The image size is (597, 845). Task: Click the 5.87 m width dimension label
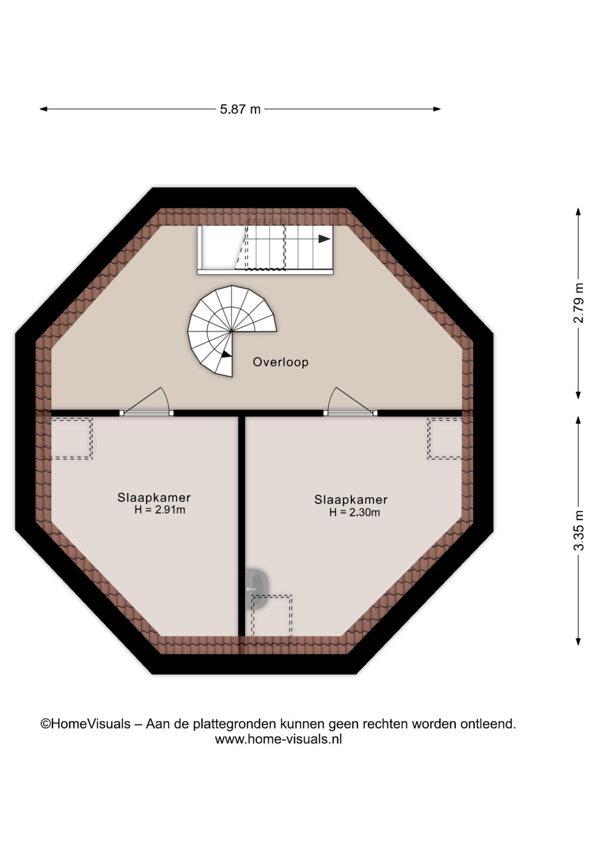pos(240,109)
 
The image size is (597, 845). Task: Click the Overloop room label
pos(280,362)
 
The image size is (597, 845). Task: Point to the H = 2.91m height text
pos(160,510)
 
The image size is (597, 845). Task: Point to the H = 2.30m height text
pos(354,512)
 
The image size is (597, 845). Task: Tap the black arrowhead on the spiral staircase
pos(226,354)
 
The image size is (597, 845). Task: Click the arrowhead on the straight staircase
pos(324,239)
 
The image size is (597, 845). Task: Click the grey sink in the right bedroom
pos(257,589)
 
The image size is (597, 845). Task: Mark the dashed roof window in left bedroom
pos(67,439)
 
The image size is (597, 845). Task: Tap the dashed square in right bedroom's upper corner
pos(445,439)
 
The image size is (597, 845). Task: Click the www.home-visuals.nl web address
pos(278,739)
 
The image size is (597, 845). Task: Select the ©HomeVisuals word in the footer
pos(86,724)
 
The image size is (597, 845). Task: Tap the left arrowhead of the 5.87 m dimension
pos(44,109)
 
